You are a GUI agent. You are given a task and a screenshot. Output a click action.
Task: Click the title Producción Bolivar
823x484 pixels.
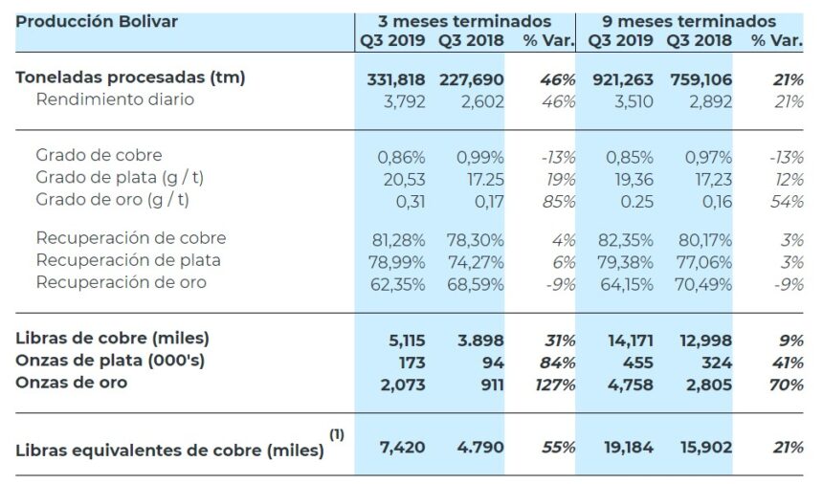(97, 20)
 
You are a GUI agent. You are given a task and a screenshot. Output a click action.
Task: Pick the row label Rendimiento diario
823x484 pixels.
(115, 99)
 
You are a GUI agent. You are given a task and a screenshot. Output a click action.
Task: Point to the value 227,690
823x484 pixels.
(471, 78)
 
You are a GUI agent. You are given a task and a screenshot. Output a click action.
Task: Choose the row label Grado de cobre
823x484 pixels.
(100, 155)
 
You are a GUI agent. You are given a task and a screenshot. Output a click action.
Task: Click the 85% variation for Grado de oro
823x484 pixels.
(557, 201)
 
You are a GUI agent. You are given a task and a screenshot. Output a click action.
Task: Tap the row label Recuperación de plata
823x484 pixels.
(128, 260)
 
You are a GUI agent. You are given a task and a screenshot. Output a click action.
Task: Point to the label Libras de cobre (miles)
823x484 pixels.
(113, 338)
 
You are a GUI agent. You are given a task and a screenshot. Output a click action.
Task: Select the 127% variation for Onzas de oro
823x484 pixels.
(554, 384)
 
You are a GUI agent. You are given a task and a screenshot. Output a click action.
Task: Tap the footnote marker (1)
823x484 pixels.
(337, 434)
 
